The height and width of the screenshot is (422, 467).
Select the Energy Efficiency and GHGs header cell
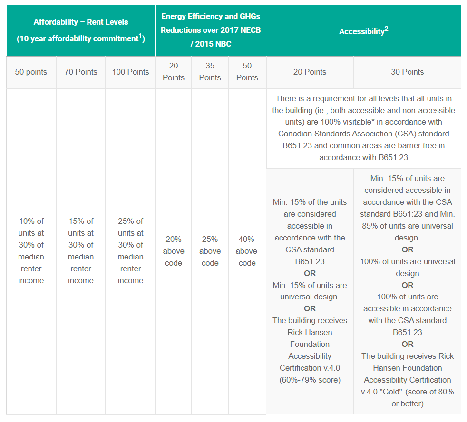(x=210, y=30)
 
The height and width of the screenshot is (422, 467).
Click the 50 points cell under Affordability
(x=31, y=72)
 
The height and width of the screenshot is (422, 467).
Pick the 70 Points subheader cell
(x=81, y=72)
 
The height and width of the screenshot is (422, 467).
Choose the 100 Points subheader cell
(x=130, y=72)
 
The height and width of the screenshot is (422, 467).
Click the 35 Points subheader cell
(x=210, y=72)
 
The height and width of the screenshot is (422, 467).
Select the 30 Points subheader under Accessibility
(x=407, y=72)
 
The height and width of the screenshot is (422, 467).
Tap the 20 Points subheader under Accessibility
(x=310, y=72)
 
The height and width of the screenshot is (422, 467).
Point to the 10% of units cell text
(x=31, y=251)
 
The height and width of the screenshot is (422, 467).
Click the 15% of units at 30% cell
(x=81, y=251)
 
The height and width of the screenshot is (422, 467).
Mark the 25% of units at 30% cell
(x=130, y=251)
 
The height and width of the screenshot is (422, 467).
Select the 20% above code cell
(x=174, y=251)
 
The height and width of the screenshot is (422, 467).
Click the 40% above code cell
(x=247, y=251)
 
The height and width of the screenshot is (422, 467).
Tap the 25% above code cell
(x=210, y=251)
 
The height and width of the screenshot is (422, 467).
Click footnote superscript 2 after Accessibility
(x=387, y=29)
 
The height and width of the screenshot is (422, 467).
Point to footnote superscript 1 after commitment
(x=141, y=36)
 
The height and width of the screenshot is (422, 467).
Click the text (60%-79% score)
(x=310, y=380)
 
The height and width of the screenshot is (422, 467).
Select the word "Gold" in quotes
(x=409, y=392)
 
